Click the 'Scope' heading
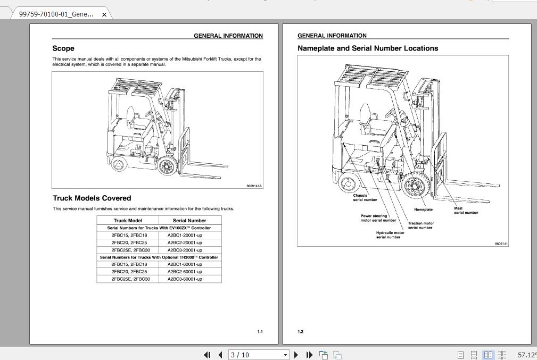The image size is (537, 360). tap(63, 48)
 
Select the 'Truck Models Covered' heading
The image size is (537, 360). tap(92, 198)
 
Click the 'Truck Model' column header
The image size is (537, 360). tap(128, 220)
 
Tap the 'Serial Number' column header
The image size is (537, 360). tap(189, 220)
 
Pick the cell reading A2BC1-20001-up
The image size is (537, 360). tap(185, 235)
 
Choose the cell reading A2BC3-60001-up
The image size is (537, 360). tap(185, 279)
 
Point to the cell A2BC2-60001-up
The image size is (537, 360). tap(185, 271)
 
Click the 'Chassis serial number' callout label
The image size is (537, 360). tap(365, 197)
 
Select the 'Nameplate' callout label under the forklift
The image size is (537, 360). tap(423, 210)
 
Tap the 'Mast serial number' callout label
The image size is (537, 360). tap(466, 211)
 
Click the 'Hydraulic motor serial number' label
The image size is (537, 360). tap(390, 235)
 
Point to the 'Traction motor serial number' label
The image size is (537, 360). tap(420, 225)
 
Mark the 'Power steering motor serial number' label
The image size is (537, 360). tap(378, 218)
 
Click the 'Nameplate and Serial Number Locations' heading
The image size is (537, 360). tap(368, 48)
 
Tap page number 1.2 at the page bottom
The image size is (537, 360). tap(301, 332)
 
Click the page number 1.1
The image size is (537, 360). tap(260, 332)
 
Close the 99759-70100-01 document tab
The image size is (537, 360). tap(104, 14)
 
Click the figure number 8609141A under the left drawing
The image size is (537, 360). tap(254, 186)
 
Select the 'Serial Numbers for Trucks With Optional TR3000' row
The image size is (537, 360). tap(159, 257)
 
